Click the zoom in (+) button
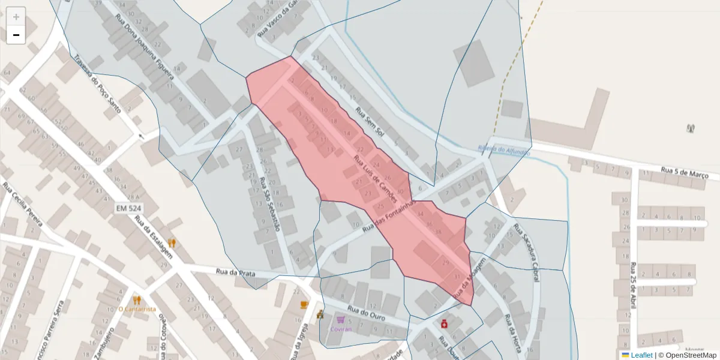click(16, 17)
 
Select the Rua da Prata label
click(235, 273)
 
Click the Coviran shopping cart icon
click(341, 320)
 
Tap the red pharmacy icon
click(445, 324)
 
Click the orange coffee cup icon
click(304, 305)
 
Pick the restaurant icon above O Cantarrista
click(137, 300)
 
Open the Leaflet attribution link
click(641, 355)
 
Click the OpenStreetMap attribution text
click(691, 355)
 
